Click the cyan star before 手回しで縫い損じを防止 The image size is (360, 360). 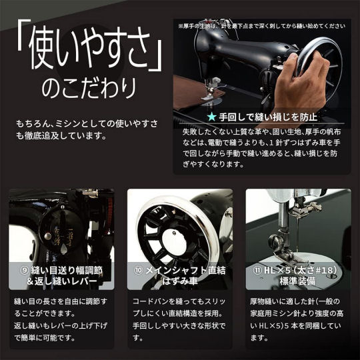[x=211, y=117]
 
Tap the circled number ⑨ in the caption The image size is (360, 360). [x=24, y=271]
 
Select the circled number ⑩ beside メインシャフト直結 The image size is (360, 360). [x=139, y=270]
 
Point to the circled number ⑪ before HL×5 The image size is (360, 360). [x=257, y=270]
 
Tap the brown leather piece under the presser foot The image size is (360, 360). [x=197, y=92]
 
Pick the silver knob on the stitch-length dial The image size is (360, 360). [x=48, y=236]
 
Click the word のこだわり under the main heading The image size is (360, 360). [x=89, y=88]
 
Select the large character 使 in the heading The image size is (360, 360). [x=44, y=48]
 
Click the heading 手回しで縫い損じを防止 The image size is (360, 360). [x=268, y=117]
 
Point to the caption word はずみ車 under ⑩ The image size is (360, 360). [x=180, y=281]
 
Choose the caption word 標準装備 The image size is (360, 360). [x=297, y=281]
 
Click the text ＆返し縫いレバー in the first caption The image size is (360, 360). [x=61, y=281]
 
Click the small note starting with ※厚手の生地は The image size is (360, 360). [x=261, y=26]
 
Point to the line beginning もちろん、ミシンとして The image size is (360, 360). [x=87, y=123]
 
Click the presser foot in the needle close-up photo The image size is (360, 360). [x=285, y=255]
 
